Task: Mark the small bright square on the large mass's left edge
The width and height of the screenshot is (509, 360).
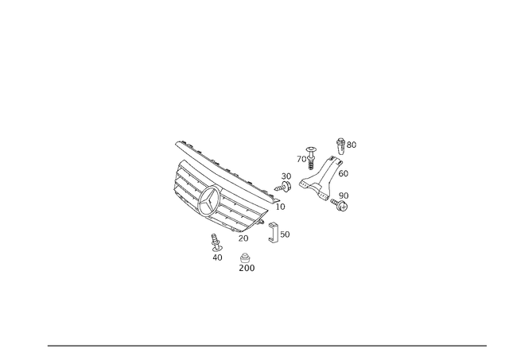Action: point(174,183)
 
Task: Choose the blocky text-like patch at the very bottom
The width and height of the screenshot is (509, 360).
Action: point(247,268)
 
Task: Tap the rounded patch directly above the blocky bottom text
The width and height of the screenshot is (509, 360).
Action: point(245,255)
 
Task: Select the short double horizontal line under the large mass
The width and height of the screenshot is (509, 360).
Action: point(243,241)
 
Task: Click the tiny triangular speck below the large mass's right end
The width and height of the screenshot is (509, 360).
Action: point(273,240)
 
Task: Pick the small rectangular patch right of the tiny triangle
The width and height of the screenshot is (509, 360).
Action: point(286,233)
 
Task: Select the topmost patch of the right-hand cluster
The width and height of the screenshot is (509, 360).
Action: point(346,144)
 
